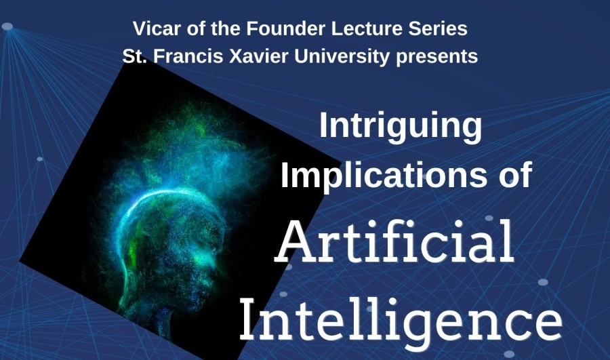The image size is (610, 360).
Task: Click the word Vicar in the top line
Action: tap(155, 29)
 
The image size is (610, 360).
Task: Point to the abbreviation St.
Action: tap(132, 56)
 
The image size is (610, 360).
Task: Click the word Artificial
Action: tap(394, 242)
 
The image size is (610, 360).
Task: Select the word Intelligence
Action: tap(400, 317)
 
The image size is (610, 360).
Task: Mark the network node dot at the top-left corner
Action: tap(7, 26)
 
